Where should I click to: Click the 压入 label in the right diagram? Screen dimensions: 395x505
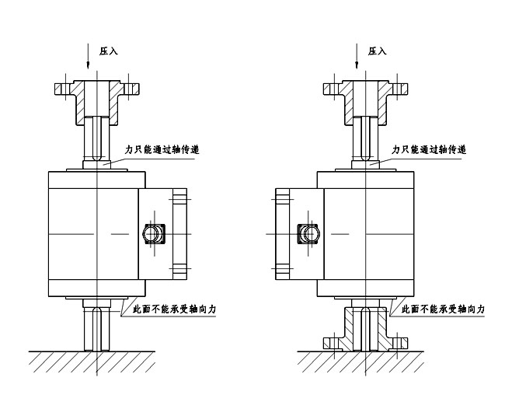pyautogui.click(x=377, y=51)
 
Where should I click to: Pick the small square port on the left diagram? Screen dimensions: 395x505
pyautogui.click(x=153, y=232)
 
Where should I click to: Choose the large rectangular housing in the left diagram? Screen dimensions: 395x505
pyautogui.click(x=85, y=233)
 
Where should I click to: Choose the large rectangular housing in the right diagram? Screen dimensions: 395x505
pyautogui.click(x=365, y=233)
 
